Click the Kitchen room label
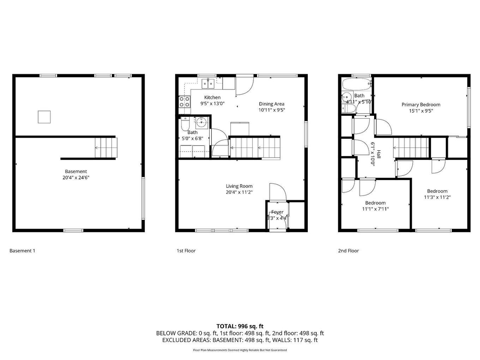[x=212, y=97]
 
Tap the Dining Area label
[x=271, y=104]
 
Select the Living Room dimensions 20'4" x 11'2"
[x=239, y=192]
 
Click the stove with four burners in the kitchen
[x=184, y=102]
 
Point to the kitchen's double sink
[x=208, y=84]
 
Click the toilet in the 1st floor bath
[x=185, y=124]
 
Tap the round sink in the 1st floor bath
[x=202, y=123]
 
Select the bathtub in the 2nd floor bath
[x=356, y=84]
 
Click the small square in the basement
[x=44, y=117]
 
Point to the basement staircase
[x=106, y=148]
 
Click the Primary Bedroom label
[x=421, y=104]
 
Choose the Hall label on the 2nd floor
[x=379, y=154]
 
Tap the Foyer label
[x=277, y=212]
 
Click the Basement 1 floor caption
[x=22, y=251]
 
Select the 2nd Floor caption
[x=348, y=251]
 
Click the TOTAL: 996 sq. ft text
[x=240, y=326]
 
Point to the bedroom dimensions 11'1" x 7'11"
[x=375, y=209]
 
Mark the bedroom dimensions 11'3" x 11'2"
[x=437, y=197]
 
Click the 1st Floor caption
[x=186, y=251]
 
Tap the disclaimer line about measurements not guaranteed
[x=240, y=350]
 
